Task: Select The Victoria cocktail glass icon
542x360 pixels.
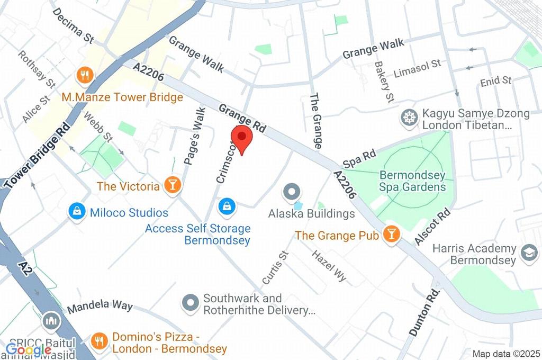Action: pos(173,185)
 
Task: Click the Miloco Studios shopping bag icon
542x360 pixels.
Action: pos(77,212)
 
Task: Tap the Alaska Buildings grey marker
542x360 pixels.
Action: pos(291,192)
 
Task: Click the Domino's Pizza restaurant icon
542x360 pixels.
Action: pos(98,340)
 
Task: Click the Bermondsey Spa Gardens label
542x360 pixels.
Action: pos(412,181)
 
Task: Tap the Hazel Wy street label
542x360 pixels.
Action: pos(329,265)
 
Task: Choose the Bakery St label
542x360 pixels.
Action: pos(384,82)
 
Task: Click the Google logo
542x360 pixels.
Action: pos(21,349)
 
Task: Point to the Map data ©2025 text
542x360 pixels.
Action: pos(505,354)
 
